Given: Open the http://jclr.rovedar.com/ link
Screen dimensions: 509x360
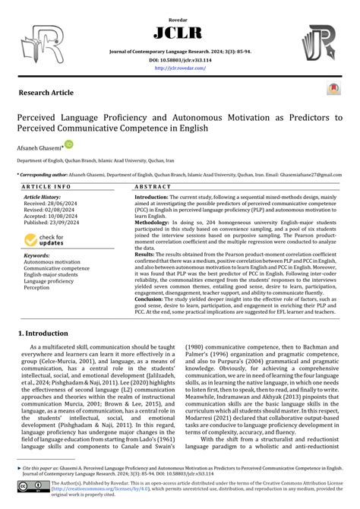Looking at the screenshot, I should pos(180,67).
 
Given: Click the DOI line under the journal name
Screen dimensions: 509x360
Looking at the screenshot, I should pos(180,58).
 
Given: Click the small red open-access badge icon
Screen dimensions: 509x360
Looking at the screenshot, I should pos(333,90).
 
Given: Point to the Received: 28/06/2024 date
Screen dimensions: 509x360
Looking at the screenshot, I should pos(52,204).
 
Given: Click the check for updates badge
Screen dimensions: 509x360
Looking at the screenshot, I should pos(45,240).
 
